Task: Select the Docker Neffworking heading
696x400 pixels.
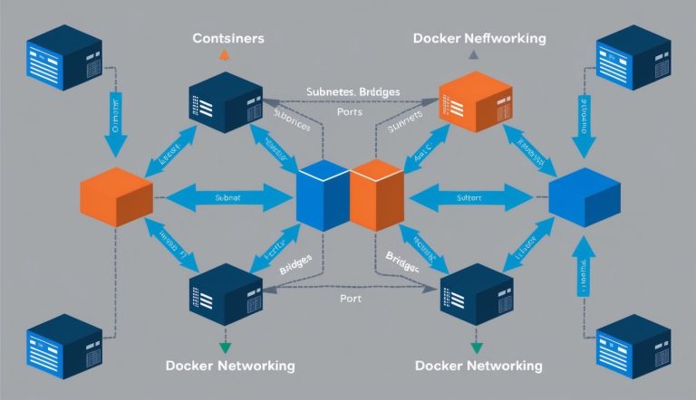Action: coord(478,39)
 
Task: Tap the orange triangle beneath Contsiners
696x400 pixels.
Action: coord(225,56)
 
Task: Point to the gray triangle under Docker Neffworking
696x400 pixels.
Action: coord(472,56)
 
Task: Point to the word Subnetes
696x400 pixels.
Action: coord(321,93)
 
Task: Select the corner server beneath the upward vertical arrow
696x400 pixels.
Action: coord(627,348)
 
